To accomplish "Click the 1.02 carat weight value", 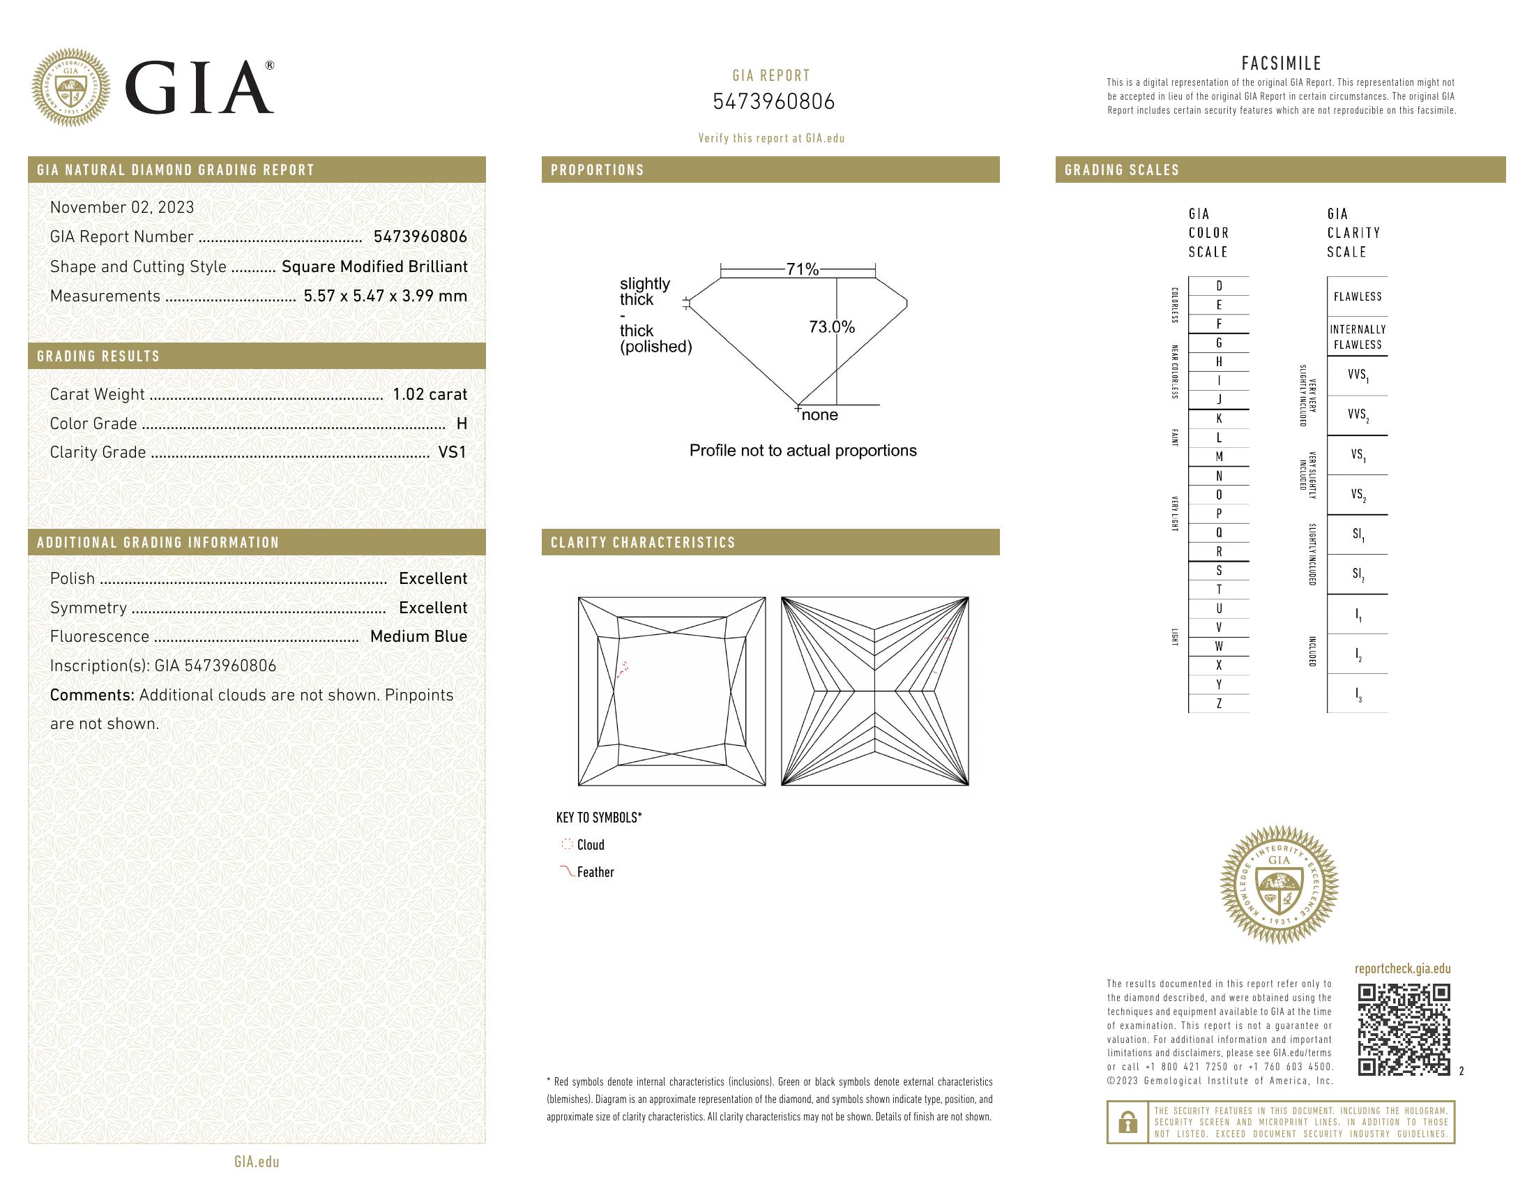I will (x=429, y=394).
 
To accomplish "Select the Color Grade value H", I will (x=462, y=423).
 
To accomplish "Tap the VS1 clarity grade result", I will (x=453, y=453).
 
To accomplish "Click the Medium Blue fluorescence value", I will (x=418, y=636).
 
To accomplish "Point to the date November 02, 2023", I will (x=122, y=207).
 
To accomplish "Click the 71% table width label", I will (x=802, y=269).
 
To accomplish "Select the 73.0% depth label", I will (x=832, y=326).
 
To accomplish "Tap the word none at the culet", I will (x=820, y=415).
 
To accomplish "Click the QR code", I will (x=1404, y=1030).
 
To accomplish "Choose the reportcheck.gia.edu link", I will (x=1402, y=969).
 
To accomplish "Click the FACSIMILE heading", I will (x=1281, y=63).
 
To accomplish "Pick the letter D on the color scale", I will (x=1219, y=286).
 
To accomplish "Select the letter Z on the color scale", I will (x=1219, y=703).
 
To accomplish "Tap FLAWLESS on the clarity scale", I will (x=1357, y=296).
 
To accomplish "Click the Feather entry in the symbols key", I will (x=595, y=873).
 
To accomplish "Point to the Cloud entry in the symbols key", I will (x=590, y=846).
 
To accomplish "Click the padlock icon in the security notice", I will (x=1128, y=1122).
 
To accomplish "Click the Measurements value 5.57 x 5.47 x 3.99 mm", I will (x=385, y=296).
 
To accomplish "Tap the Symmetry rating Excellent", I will (x=433, y=608).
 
